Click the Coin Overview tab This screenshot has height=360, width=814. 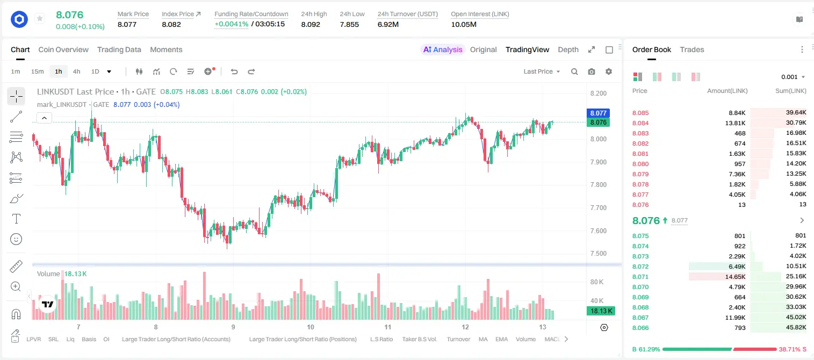(x=63, y=49)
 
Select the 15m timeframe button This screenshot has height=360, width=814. (x=37, y=71)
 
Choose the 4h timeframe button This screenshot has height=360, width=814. (x=76, y=71)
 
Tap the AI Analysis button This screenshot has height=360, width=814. (x=443, y=49)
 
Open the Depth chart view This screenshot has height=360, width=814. (x=568, y=49)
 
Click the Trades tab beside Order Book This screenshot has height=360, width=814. (x=692, y=49)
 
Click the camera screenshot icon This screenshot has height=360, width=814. (x=592, y=71)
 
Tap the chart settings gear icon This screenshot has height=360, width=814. (x=609, y=71)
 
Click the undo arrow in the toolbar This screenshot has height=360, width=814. (x=234, y=71)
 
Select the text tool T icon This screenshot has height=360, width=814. (x=16, y=219)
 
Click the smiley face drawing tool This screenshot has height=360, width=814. (x=16, y=239)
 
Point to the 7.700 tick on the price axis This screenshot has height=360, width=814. (x=599, y=208)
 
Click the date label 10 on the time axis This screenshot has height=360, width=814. (x=311, y=327)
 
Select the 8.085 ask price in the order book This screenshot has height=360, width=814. (x=640, y=113)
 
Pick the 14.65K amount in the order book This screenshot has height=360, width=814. (x=735, y=277)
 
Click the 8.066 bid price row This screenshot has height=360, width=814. (x=640, y=328)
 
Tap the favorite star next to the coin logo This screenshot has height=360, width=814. (x=40, y=18)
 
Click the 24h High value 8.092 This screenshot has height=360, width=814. (x=311, y=24)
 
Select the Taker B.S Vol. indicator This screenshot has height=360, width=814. (x=419, y=339)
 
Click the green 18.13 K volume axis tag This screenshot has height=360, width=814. (x=601, y=311)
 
